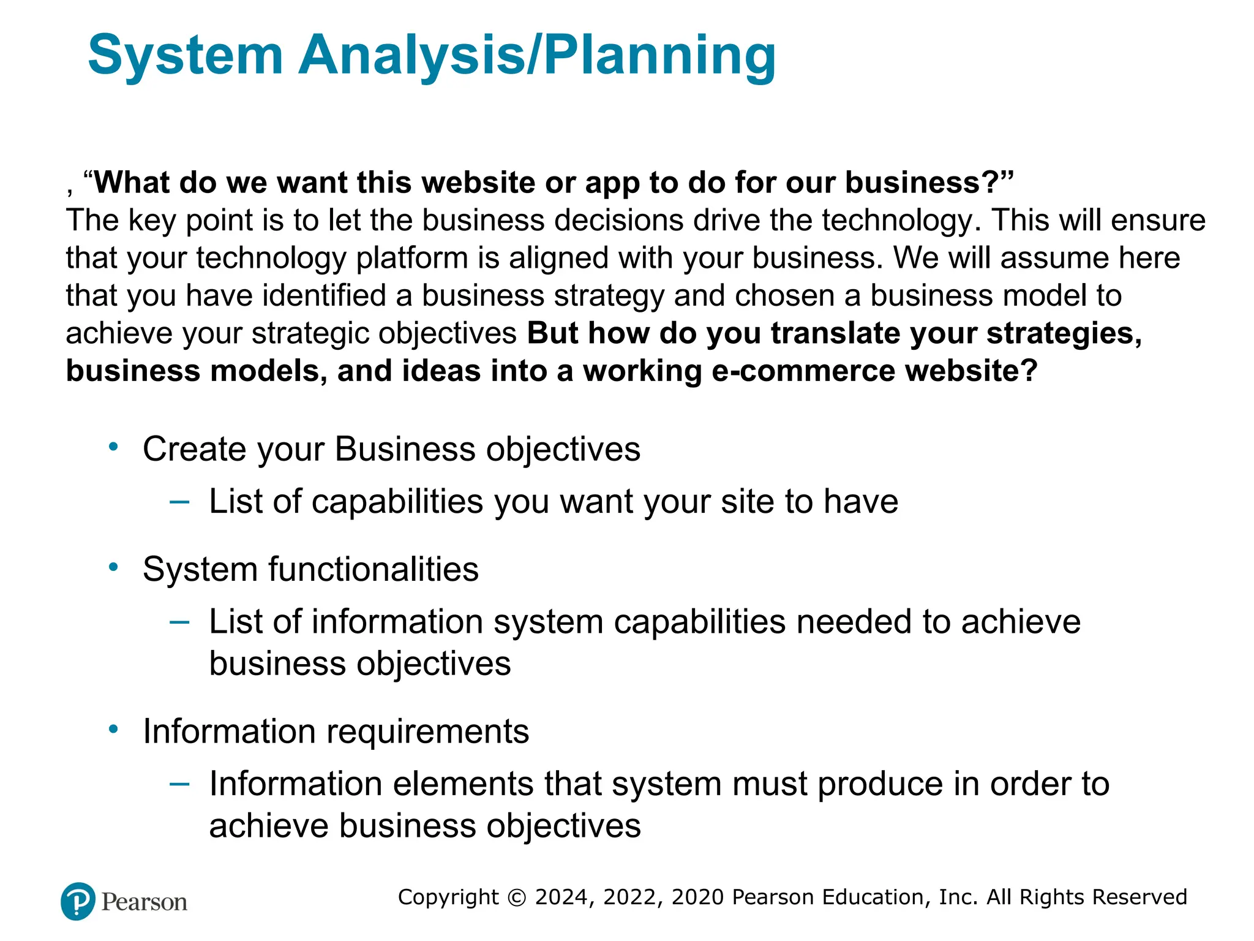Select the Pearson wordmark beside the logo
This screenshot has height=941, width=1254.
tap(144, 902)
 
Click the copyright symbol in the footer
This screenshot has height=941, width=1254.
tap(517, 898)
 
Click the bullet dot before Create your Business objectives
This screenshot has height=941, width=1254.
tap(113, 447)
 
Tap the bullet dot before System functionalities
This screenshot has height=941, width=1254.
tap(113, 567)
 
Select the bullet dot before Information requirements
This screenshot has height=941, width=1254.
tap(113, 729)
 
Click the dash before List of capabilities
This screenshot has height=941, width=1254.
tap(179, 502)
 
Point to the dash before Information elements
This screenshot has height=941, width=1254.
tap(179, 784)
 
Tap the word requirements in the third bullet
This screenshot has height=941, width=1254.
tap(427, 731)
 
